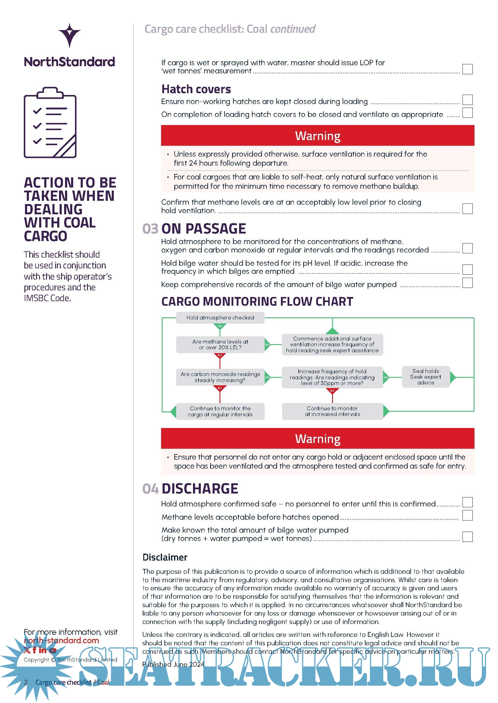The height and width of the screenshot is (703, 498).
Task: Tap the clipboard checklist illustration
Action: (50, 122)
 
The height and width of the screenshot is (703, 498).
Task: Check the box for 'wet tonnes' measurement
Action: (467, 69)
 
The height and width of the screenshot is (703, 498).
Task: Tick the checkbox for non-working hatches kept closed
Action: (467, 100)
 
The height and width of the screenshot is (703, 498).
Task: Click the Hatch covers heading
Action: (196, 89)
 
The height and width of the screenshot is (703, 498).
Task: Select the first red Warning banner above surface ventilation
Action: (317, 136)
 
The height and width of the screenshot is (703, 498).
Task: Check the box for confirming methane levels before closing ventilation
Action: (467, 209)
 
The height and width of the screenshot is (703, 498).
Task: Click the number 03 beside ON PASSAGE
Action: (150, 229)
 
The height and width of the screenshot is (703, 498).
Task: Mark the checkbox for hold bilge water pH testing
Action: (467, 269)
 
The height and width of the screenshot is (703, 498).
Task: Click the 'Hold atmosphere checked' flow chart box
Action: (220, 317)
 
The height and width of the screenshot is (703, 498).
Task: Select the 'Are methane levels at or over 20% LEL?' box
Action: (220, 344)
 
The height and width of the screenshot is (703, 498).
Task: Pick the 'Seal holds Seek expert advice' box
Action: (426, 377)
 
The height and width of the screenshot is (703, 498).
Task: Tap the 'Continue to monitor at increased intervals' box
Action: (332, 411)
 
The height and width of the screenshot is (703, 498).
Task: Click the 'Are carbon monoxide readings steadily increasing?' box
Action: (220, 377)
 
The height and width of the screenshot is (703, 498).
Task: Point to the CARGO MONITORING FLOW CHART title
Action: (257, 301)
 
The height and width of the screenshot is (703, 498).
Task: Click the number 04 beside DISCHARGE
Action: (150, 489)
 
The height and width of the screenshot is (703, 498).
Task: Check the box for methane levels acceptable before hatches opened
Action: (467, 515)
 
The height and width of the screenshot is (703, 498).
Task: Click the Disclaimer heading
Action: (165, 557)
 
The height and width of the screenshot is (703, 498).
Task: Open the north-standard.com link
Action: (61, 640)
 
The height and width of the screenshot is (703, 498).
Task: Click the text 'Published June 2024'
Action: (173, 664)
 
